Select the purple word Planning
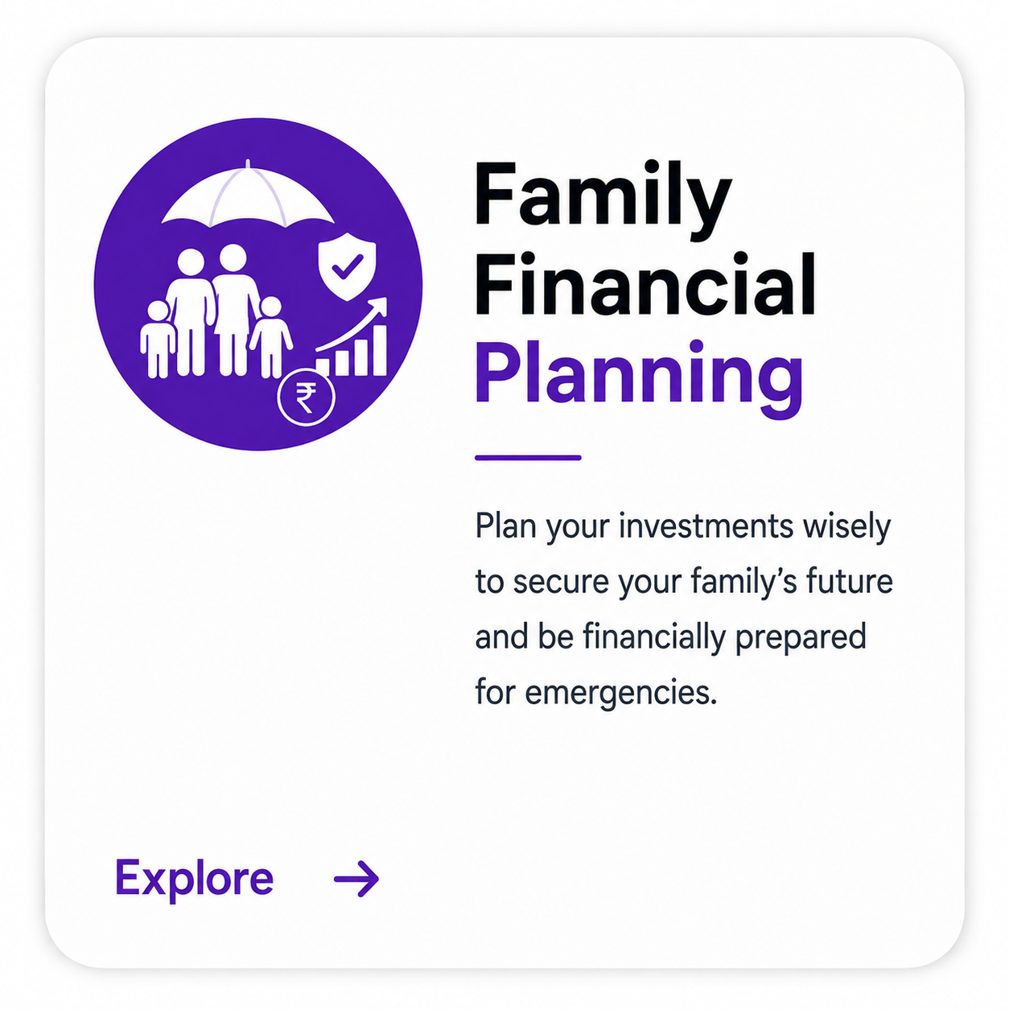[x=638, y=378]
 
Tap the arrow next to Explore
[x=356, y=879]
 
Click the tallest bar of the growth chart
[x=379, y=350]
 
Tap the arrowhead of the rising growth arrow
[x=380, y=306]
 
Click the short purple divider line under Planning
[x=528, y=458]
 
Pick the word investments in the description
[x=706, y=526]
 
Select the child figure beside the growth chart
[x=270, y=336]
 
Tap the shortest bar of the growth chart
[x=323, y=367]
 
